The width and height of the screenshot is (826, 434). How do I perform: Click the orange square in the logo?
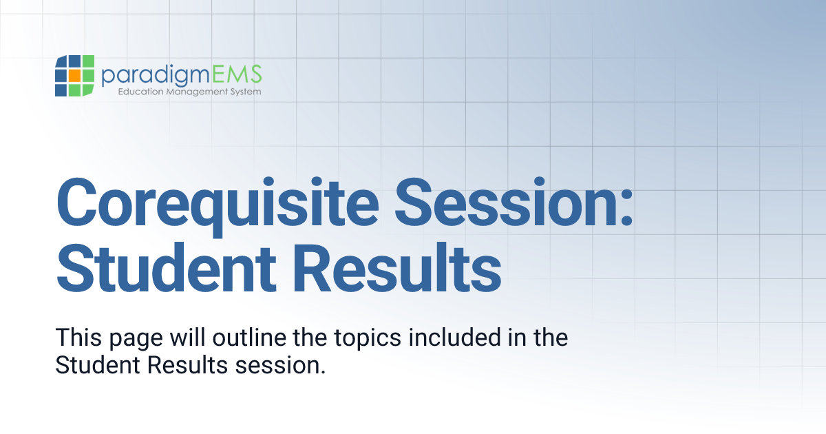point(74,76)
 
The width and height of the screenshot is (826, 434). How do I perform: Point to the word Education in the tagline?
point(141,92)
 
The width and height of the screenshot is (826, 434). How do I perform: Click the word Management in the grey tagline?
point(196,92)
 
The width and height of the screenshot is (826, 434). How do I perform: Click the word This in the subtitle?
point(77,338)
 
